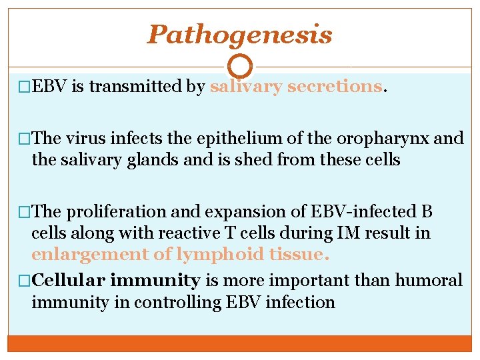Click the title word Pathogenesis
pos(239,35)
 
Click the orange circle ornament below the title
pos(240,66)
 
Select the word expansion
pos(229,213)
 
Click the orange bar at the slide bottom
pos(239,343)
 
